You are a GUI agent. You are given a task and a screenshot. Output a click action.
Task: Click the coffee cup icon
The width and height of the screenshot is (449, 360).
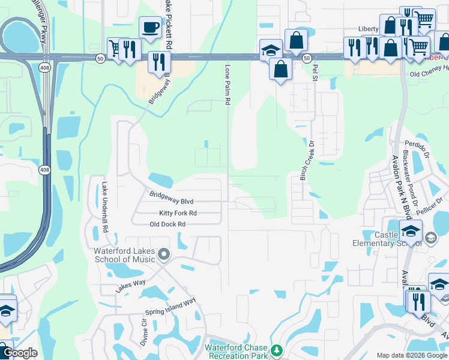coord(149,27)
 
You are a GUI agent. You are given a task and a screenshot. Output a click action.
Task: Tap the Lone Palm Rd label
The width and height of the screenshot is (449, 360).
coord(228,85)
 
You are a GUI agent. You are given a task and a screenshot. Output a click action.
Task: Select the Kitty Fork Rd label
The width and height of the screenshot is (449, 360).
coord(178,213)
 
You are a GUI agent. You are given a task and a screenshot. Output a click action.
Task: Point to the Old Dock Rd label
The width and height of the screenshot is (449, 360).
coord(167,224)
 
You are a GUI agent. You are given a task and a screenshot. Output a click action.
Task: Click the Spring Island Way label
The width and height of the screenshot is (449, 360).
coord(172,307)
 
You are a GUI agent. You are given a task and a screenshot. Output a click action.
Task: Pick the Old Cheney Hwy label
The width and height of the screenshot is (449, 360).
coord(429,74)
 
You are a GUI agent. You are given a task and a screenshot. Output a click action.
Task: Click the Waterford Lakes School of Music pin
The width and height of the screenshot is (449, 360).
coord(164,256)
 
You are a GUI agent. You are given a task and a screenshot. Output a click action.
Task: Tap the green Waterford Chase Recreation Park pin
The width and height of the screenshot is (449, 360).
coord(276,349)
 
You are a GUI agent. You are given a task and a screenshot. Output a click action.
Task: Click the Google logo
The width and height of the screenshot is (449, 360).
coord(20,353)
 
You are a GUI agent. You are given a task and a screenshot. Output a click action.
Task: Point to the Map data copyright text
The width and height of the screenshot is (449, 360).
coord(411,355)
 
